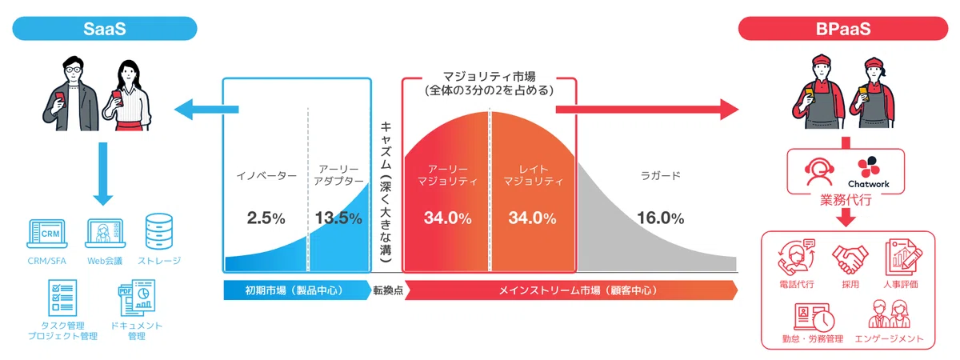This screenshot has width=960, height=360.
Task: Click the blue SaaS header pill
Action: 105,29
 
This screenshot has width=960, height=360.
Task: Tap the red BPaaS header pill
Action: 843,29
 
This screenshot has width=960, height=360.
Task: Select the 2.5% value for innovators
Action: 266,218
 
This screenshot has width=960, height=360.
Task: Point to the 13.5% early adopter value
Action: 338,218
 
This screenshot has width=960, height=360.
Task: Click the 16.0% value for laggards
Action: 661,218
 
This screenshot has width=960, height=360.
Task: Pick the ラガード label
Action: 661,176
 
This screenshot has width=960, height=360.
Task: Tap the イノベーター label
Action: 266,176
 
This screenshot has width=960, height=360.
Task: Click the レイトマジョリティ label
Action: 533,175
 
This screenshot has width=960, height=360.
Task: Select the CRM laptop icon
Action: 47,234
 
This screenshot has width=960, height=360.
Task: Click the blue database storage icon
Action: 159,231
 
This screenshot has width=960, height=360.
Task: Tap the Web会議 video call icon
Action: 105,234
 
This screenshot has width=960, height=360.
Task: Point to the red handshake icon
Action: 850,259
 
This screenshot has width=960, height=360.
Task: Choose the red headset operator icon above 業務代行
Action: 819,172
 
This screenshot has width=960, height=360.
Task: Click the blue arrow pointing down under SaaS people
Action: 103,174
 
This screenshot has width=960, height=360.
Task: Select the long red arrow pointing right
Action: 647,110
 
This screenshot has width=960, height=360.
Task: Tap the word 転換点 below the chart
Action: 388,290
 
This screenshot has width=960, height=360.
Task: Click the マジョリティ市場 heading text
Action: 489,77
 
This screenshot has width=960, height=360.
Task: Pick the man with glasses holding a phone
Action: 71,94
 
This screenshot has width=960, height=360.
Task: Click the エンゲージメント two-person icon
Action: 889,314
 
